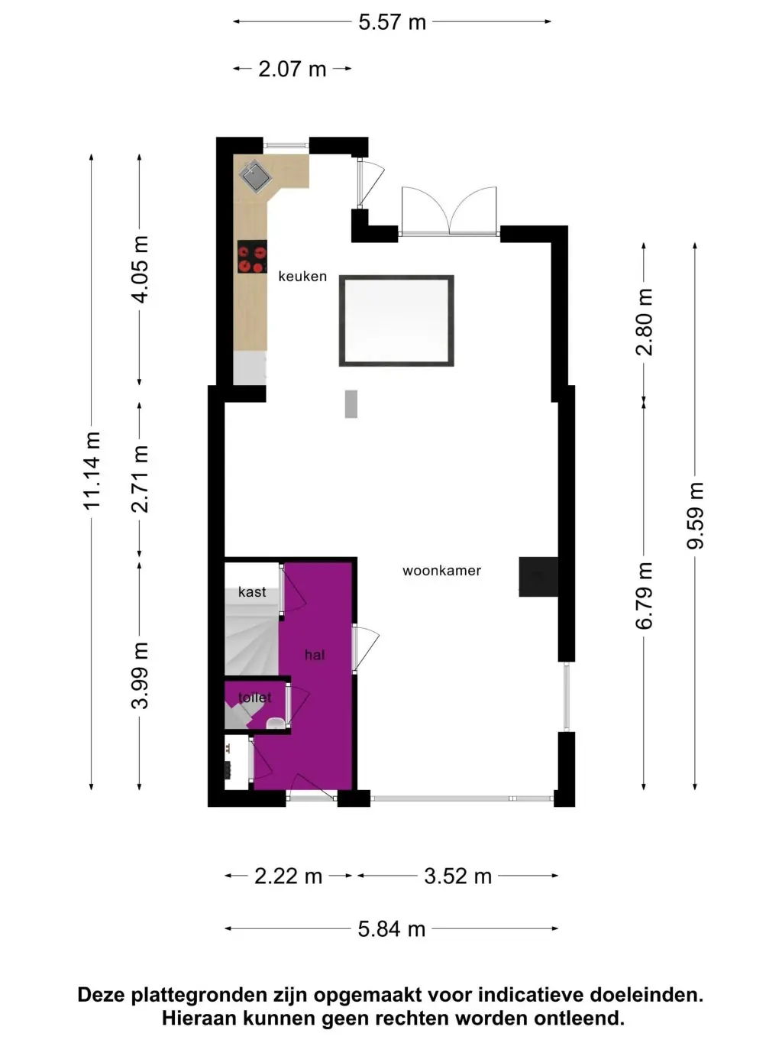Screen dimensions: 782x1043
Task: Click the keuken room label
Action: point(302,276)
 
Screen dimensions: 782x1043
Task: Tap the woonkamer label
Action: point(441,570)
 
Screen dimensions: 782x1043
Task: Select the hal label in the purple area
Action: point(315,655)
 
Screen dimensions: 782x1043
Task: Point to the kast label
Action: point(252,592)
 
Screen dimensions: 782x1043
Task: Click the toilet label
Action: point(255,698)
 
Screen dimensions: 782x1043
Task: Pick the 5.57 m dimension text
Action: point(393,22)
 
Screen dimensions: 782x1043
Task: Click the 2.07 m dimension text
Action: point(292,69)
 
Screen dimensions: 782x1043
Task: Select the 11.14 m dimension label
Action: point(92,471)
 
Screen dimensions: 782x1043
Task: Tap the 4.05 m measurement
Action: point(140,270)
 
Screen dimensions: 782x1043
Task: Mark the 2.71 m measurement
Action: point(140,479)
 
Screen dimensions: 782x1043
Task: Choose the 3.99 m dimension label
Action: point(140,675)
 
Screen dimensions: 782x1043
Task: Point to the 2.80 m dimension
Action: point(645,322)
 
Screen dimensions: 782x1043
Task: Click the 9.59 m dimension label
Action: point(696,516)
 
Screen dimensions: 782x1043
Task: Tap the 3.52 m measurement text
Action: point(457,876)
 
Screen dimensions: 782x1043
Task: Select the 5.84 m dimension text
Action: point(392,929)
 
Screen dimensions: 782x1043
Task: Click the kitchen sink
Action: point(255,177)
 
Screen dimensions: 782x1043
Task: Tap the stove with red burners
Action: point(252,257)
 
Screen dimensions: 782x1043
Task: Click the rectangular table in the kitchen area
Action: point(396,321)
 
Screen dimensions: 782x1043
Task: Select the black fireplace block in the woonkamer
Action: point(538,577)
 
